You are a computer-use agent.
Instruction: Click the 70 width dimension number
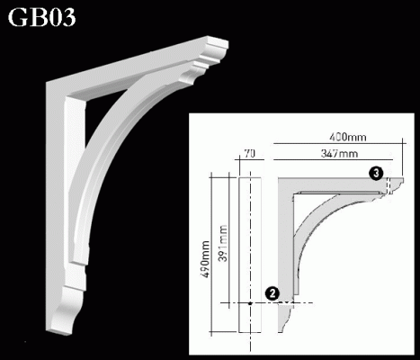click(x=250, y=155)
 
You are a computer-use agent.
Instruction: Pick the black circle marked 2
click(x=271, y=292)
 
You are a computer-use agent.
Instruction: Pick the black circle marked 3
click(x=376, y=172)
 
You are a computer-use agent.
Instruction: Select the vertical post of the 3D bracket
click(x=68, y=180)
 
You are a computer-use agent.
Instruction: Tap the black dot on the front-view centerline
click(x=251, y=304)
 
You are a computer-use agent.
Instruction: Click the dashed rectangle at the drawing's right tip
click(x=389, y=186)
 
